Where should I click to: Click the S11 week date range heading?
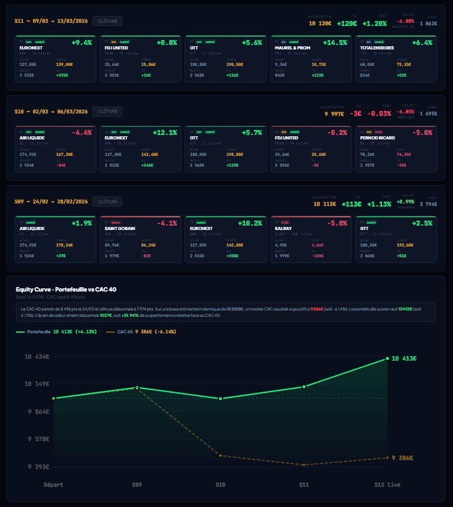coord(51,21)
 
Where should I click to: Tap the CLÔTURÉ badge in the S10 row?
coord(108,112)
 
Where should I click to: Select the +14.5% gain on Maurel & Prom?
coord(335,42)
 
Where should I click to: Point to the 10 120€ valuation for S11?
coord(320,23)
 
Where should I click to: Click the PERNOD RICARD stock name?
coord(378,138)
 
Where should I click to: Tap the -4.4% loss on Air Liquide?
coord(82,132)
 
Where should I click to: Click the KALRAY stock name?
coord(283,228)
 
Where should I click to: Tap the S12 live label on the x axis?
coord(387,485)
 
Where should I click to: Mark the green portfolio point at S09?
coord(136,388)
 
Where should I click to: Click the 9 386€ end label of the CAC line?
coord(404,458)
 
